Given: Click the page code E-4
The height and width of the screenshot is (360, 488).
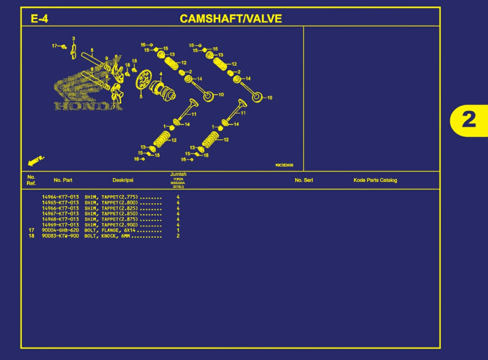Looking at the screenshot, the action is [x=39, y=19].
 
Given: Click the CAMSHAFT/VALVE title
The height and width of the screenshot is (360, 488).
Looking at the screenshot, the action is [x=231, y=19].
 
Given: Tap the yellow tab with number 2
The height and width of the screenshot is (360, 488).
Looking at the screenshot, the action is [x=469, y=120].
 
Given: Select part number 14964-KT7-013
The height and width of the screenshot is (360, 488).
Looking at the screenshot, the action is [x=60, y=197].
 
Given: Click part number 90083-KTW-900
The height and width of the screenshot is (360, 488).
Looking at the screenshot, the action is [x=60, y=236].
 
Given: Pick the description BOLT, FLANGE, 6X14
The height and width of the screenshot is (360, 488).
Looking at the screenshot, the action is [x=110, y=230].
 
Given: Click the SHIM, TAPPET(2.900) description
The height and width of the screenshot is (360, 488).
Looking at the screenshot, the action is [x=111, y=225].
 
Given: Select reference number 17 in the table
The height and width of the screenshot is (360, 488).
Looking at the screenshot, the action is [x=31, y=230].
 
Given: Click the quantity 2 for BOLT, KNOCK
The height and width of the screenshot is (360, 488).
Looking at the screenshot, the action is [x=178, y=236].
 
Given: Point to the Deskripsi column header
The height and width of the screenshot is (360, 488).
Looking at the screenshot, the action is [x=123, y=180].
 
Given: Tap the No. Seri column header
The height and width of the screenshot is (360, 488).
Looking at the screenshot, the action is [x=304, y=180].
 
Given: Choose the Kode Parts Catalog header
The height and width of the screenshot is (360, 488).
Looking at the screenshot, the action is [x=375, y=180].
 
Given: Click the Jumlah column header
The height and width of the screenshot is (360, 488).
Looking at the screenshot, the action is [x=178, y=174].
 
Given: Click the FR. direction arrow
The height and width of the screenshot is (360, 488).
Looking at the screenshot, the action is [x=36, y=161].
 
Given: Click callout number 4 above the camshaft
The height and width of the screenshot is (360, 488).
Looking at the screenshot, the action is [x=161, y=74].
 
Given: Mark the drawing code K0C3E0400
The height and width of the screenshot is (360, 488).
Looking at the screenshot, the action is [x=284, y=165].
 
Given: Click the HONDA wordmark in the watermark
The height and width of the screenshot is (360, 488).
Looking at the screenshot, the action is [x=88, y=106].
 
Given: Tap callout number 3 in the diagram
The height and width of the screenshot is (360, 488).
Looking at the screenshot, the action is [x=73, y=39].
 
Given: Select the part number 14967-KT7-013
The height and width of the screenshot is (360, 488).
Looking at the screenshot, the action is [x=60, y=214].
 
